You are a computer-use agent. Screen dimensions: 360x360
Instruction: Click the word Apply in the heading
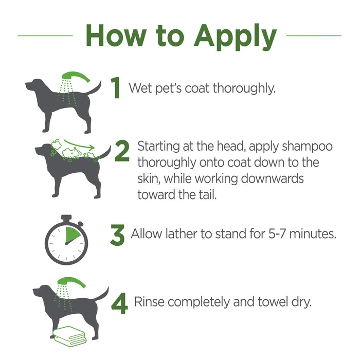pos(235,36)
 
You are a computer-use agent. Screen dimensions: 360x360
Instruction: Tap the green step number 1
pos(117,88)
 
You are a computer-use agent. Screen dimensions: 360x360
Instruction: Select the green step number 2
pos(122,152)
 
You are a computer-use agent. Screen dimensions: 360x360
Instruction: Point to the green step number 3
pos(117,235)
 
